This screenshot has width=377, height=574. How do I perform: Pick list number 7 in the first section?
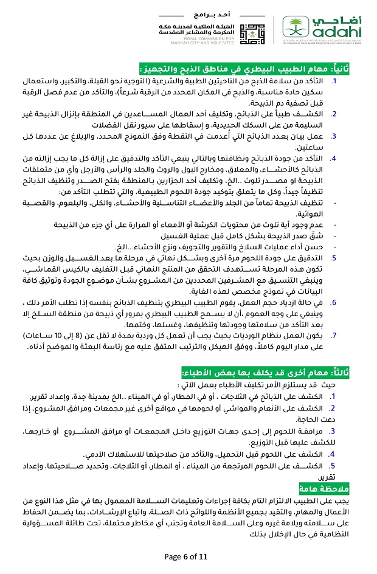pos(333,336)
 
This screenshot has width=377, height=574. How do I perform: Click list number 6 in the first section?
pos(333,302)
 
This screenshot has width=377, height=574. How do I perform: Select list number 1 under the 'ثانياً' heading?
pos(334,80)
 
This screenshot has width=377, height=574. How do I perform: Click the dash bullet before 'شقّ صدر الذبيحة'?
pos(336,236)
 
